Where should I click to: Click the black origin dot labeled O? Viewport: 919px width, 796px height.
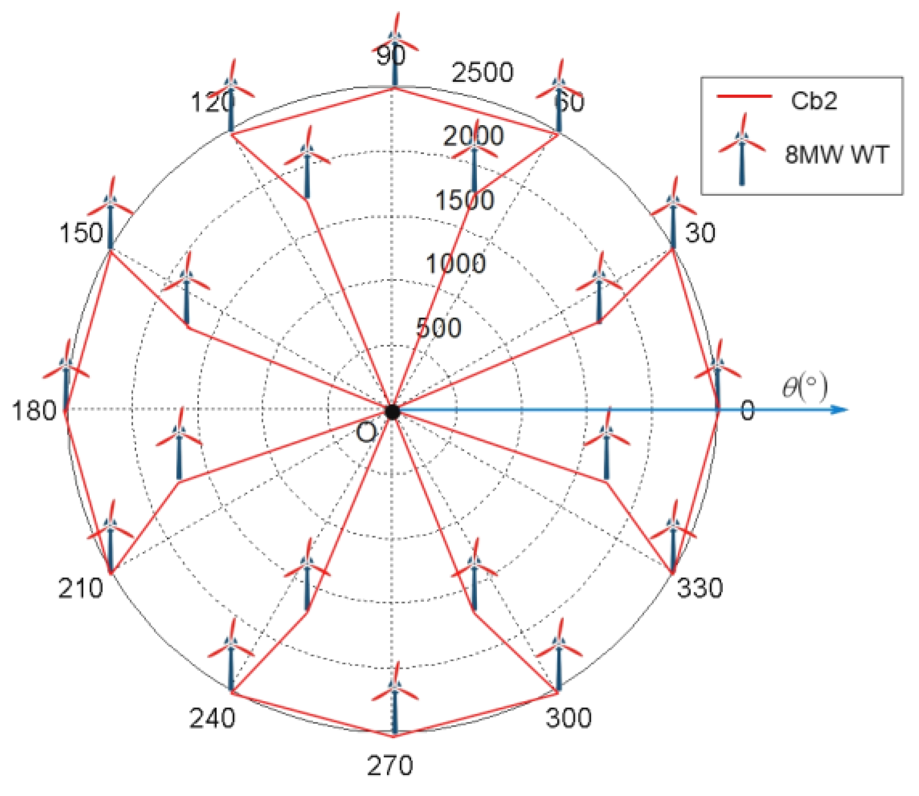click(x=392, y=411)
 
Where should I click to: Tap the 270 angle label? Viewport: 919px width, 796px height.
click(x=390, y=766)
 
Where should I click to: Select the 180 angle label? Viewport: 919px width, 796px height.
click(x=34, y=411)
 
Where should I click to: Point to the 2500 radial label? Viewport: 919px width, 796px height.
click(x=482, y=72)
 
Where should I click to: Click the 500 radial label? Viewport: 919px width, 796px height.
click(x=438, y=327)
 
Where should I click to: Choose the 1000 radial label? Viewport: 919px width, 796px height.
click(x=455, y=263)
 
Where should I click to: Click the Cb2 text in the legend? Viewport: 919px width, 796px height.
click(x=814, y=101)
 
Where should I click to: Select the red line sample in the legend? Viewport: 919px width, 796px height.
click(x=744, y=97)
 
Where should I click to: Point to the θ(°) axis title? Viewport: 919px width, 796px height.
click(x=805, y=387)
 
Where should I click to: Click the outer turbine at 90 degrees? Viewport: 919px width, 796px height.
click(x=395, y=51)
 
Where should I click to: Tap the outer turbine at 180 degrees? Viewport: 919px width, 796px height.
click(x=66, y=374)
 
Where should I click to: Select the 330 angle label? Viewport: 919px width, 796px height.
click(x=700, y=588)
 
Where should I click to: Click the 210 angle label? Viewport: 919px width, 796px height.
click(x=80, y=588)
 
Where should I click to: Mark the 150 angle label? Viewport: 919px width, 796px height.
click(x=81, y=233)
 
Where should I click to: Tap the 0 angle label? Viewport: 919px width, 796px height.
click(x=747, y=411)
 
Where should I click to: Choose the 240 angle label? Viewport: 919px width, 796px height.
click(x=212, y=718)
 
